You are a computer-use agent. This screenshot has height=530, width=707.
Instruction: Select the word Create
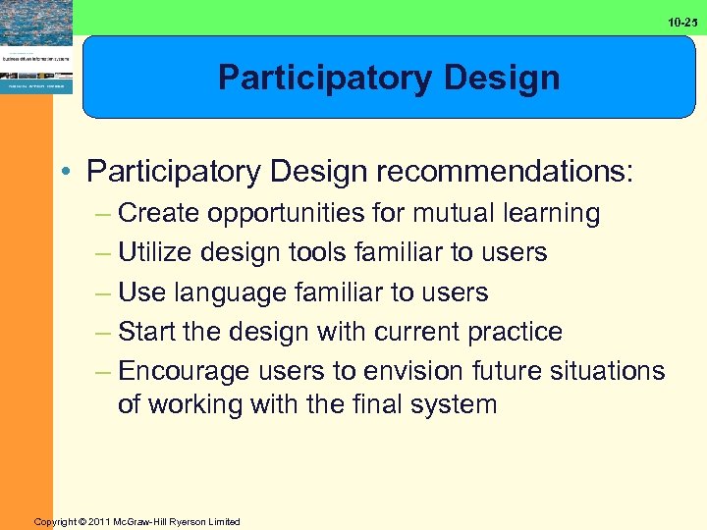tap(160, 213)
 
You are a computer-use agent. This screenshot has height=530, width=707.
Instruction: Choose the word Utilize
tap(157, 252)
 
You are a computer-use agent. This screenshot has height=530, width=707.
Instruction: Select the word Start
tap(148, 332)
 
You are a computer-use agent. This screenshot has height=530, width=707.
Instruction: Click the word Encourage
tap(184, 372)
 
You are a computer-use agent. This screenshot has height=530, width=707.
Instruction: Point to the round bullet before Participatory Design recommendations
tap(65, 173)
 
